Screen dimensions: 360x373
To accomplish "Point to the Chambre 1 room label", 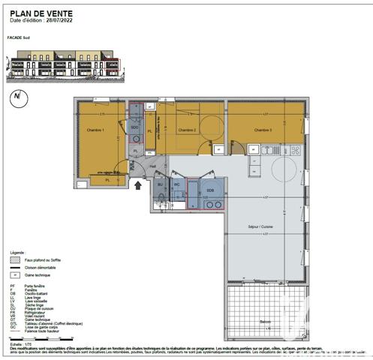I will pyautogui.click(x=94, y=130).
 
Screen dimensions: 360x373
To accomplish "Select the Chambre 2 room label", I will pyautogui.click(x=187, y=130).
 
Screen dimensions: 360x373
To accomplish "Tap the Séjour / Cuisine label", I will pyautogui.click(x=263, y=226).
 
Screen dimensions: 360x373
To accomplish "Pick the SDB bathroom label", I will pyautogui.click(x=210, y=190).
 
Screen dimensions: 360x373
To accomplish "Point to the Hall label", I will pyautogui.click(x=153, y=166).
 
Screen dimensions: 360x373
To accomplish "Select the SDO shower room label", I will pyautogui.click(x=135, y=127).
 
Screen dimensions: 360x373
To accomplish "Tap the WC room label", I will pyautogui.click(x=177, y=184).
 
